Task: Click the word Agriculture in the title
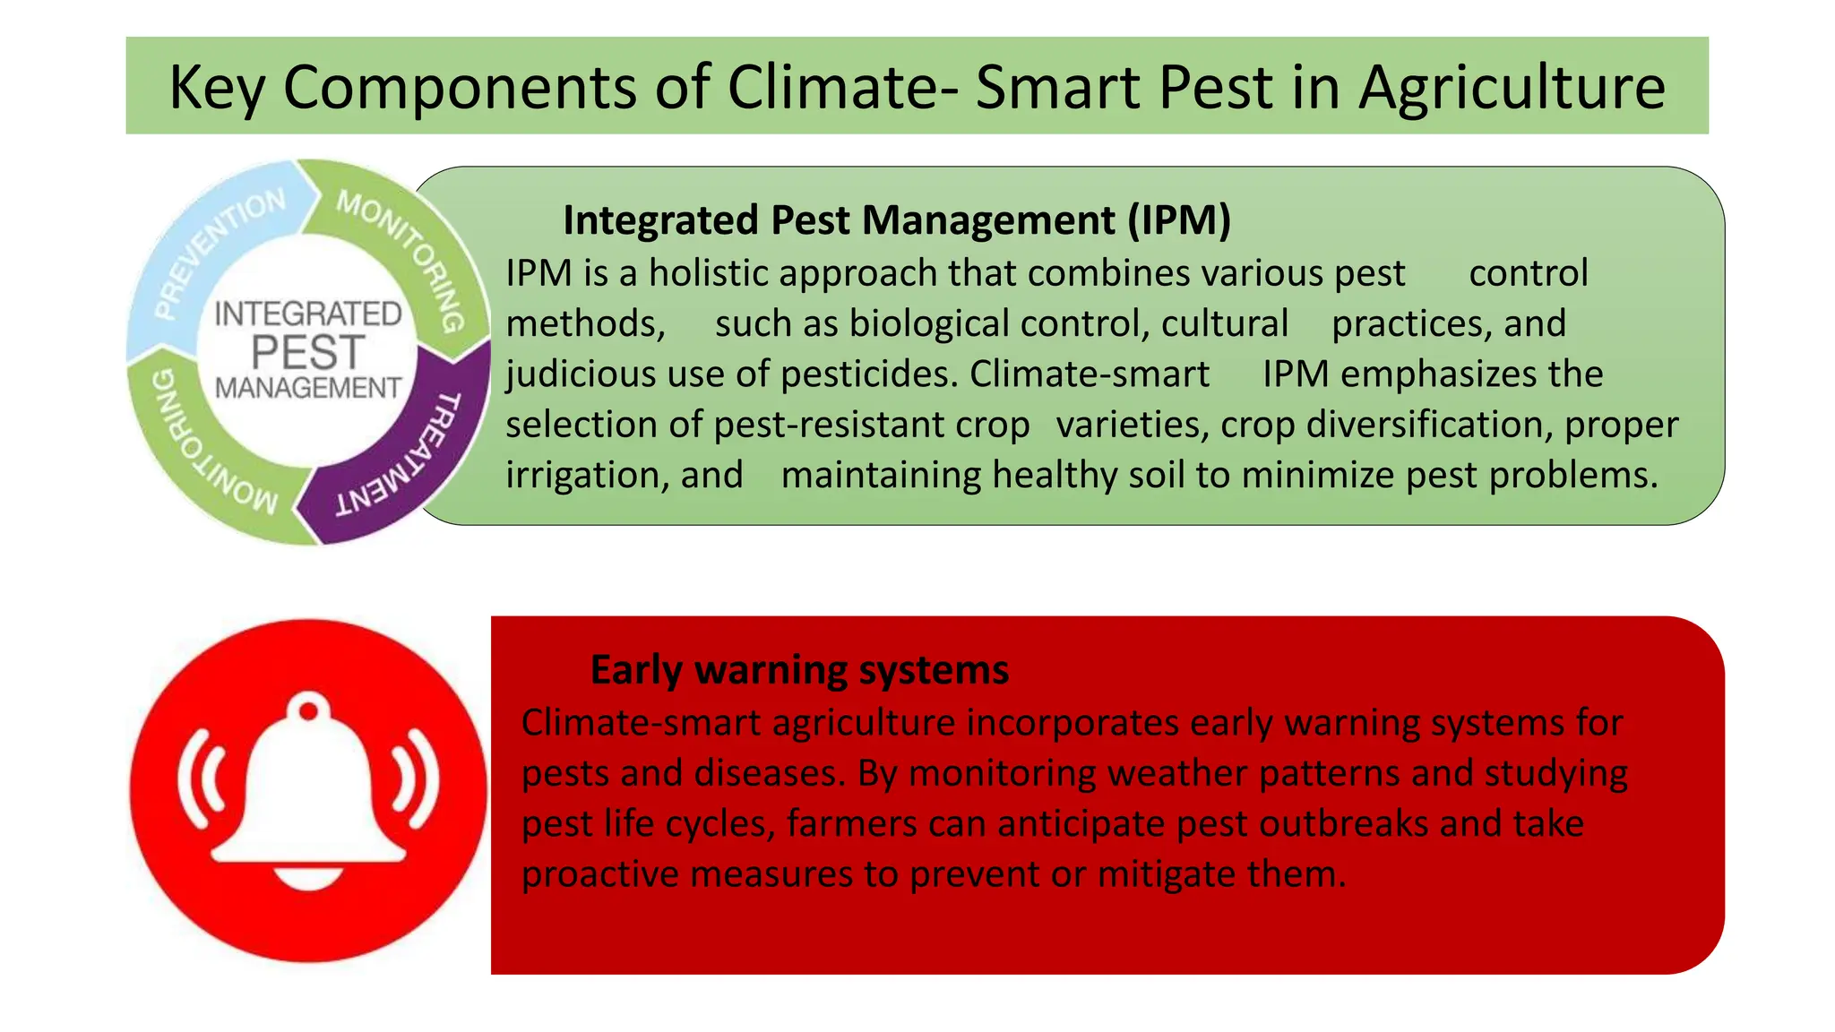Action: (x=1512, y=88)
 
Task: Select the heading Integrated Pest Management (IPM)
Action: (x=897, y=220)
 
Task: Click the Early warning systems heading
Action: (x=799, y=670)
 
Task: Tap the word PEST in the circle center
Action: (x=307, y=352)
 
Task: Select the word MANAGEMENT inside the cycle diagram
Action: (x=307, y=388)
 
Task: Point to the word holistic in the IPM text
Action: (x=708, y=273)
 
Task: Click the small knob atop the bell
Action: (x=308, y=711)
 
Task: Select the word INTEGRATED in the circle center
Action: (x=307, y=314)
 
